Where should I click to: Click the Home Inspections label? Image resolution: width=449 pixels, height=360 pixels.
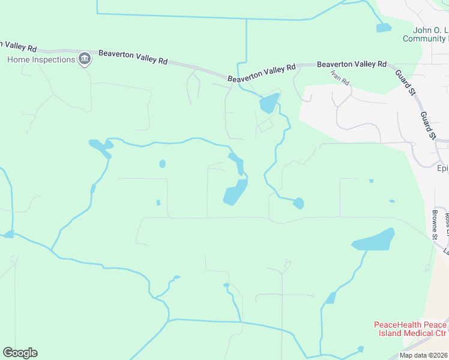tap(41, 59)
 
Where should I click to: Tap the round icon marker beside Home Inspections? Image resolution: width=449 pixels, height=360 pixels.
tap(85, 59)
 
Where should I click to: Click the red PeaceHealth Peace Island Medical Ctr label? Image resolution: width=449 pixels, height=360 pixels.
tap(411, 329)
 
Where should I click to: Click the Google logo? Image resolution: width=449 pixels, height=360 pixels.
tap(20, 353)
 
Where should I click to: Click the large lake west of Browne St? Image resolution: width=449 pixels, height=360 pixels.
tap(374, 240)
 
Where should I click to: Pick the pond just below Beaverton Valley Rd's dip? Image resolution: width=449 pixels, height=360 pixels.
tap(269, 104)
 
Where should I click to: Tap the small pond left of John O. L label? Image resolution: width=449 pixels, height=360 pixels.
tap(383, 28)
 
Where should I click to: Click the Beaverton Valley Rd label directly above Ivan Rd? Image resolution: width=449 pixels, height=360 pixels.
tap(351, 64)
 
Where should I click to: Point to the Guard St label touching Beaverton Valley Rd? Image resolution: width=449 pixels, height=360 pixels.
tap(405, 80)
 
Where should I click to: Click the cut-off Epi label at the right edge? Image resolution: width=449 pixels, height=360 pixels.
tap(443, 168)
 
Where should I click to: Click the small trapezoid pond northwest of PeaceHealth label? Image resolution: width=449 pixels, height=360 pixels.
tap(330, 298)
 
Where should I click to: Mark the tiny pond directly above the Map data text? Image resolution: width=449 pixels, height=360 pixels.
tap(360, 349)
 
